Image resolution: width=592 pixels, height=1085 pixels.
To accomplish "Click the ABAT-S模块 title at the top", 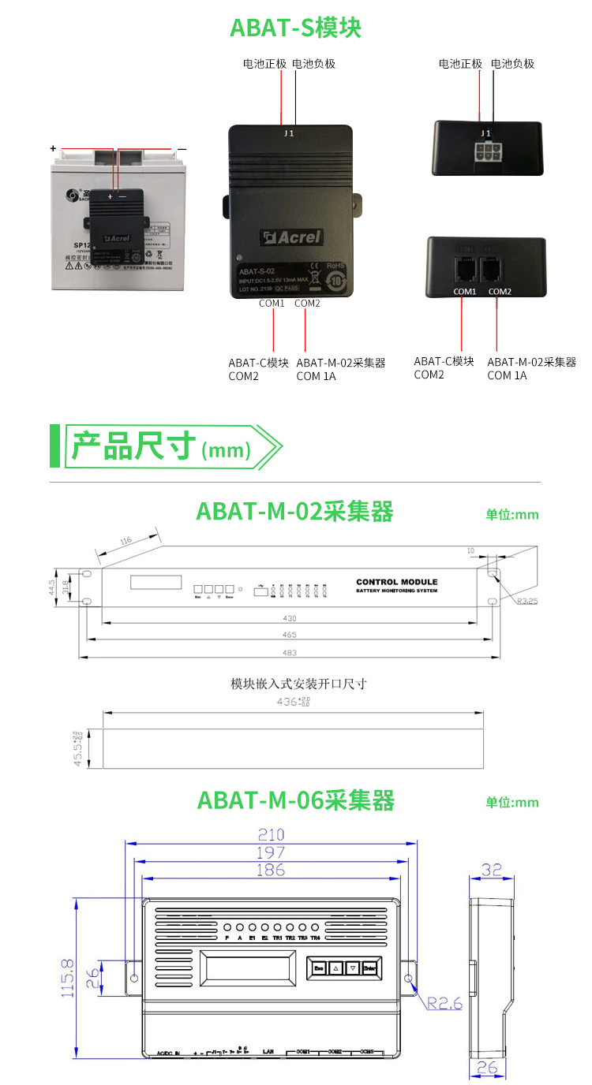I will [295, 28].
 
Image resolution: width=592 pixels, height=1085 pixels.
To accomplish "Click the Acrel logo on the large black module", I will [292, 237].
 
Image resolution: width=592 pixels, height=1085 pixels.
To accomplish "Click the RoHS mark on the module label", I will [335, 265].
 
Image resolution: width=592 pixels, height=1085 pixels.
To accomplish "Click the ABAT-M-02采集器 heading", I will [294, 512].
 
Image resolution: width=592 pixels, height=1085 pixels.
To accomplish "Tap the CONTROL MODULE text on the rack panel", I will [396, 582].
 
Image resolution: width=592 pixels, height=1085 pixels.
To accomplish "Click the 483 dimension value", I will [288, 652].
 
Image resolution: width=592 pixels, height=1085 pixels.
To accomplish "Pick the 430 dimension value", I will [288, 619].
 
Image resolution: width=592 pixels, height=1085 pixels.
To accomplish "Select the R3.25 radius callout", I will [522, 601].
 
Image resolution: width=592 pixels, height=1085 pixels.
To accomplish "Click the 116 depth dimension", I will [126, 542].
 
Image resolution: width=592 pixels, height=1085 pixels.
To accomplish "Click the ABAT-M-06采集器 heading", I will [295, 800].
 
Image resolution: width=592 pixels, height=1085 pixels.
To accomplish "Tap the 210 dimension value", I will [271, 834].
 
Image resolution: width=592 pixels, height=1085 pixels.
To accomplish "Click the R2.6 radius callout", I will [444, 1004].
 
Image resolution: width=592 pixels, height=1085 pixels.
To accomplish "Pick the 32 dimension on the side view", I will [491, 869].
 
